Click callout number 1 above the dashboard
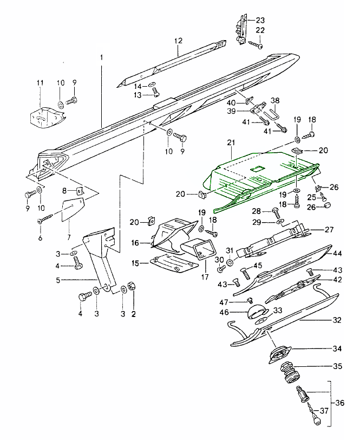[x=101, y=57]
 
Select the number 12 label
[x=179, y=41]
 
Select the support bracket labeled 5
[x=97, y=260]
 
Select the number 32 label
[x=337, y=320]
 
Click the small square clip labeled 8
[x=79, y=191]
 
